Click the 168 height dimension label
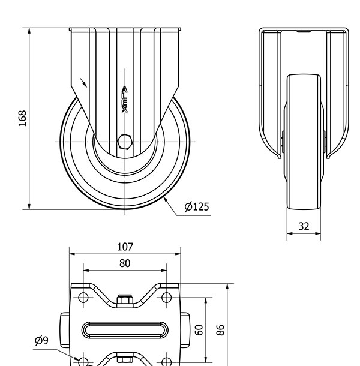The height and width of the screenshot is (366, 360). point(22,118)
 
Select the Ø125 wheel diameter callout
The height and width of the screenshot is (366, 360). point(196,207)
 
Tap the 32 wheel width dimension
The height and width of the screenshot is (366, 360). point(304,226)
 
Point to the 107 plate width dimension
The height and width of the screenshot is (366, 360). point(125,247)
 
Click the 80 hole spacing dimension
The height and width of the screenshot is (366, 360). point(125,263)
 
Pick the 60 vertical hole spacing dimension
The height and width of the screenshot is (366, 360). point(199,329)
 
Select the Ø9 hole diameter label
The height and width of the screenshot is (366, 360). point(42,341)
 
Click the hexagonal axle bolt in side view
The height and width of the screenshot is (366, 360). point(125,141)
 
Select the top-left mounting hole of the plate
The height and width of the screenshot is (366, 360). point(83,297)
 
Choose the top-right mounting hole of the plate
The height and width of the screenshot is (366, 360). point(167,297)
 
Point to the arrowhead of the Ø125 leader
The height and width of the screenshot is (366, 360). point(164,197)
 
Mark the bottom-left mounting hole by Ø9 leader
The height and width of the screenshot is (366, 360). point(83,361)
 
